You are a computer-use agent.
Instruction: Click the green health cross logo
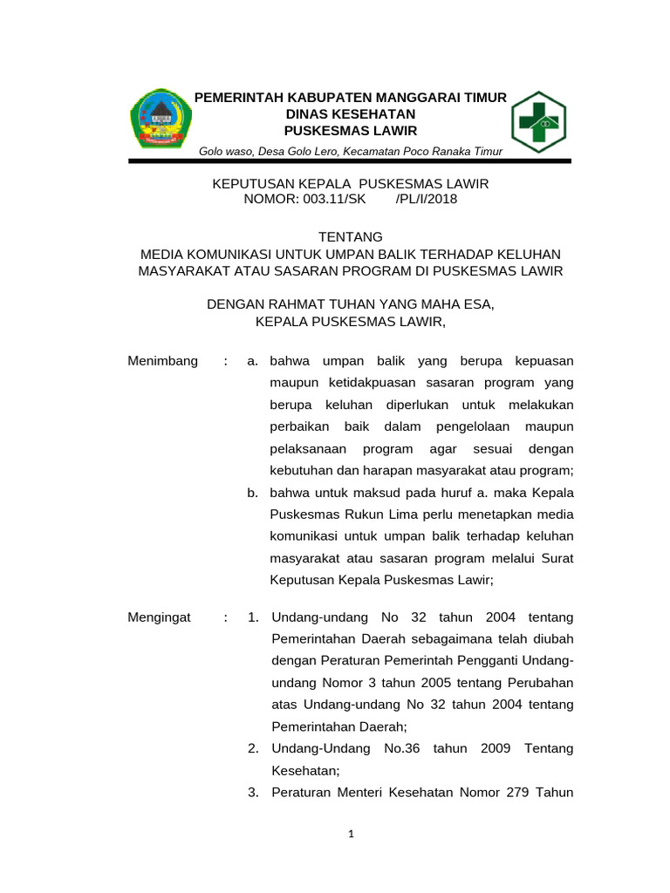click(x=538, y=121)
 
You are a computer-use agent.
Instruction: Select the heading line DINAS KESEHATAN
click(x=351, y=114)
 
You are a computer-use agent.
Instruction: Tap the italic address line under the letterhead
click(x=351, y=152)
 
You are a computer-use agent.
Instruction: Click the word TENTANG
click(x=351, y=236)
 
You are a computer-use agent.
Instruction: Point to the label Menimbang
click(x=163, y=361)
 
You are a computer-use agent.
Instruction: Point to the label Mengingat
click(x=159, y=617)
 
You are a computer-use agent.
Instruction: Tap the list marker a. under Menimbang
click(x=252, y=361)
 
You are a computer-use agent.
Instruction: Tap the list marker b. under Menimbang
click(x=252, y=493)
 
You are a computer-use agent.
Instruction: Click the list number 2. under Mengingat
click(x=253, y=749)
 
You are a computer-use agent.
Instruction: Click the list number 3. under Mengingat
click(x=253, y=793)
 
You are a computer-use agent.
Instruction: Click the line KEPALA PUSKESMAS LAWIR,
click(x=351, y=322)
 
